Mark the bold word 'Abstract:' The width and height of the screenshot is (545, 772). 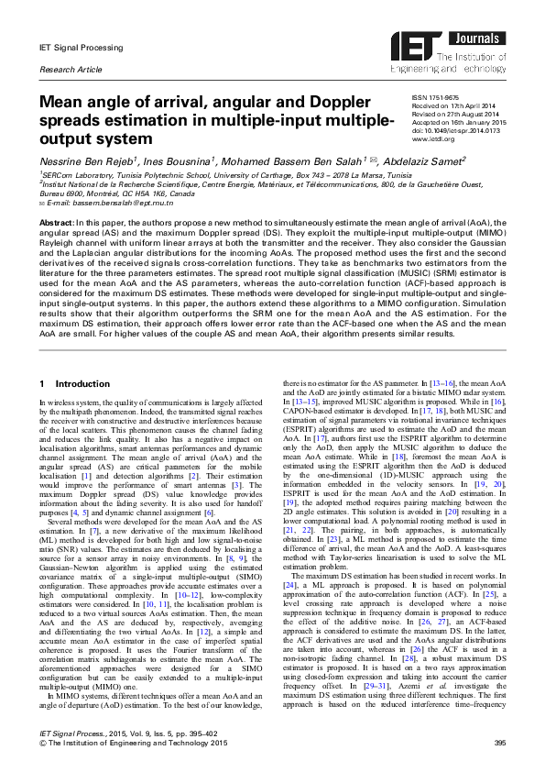pyautogui.click(x=56, y=222)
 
